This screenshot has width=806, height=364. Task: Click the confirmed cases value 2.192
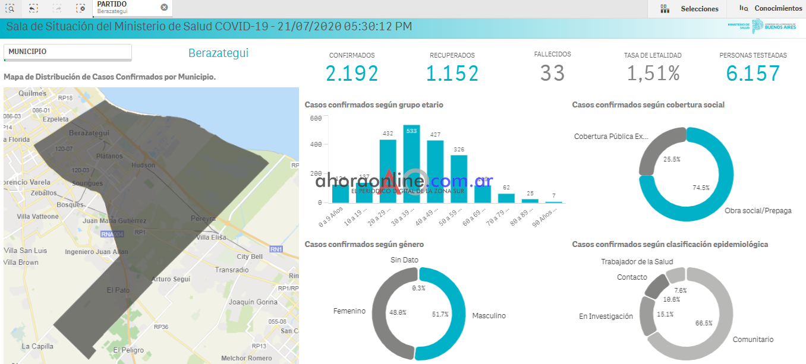pos(352,74)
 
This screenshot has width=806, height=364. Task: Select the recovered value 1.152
pos(452,74)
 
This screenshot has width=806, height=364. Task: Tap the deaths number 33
pos(552,73)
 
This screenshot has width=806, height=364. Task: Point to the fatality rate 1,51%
pos(653,74)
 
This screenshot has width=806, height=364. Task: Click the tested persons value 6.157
pos(753,74)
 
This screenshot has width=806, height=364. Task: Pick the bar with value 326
pos(459,178)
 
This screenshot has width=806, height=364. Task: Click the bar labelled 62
pos(506,198)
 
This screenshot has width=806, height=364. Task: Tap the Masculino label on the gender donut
pos(489,316)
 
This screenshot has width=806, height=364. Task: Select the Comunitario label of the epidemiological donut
pos(753,340)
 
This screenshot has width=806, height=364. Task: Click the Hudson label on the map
pos(143,165)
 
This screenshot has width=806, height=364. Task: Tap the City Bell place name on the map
pos(250,257)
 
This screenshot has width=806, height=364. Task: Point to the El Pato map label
pos(118,290)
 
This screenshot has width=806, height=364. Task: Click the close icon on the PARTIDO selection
pos(164,7)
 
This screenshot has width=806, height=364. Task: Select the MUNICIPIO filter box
pos(67,52)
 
